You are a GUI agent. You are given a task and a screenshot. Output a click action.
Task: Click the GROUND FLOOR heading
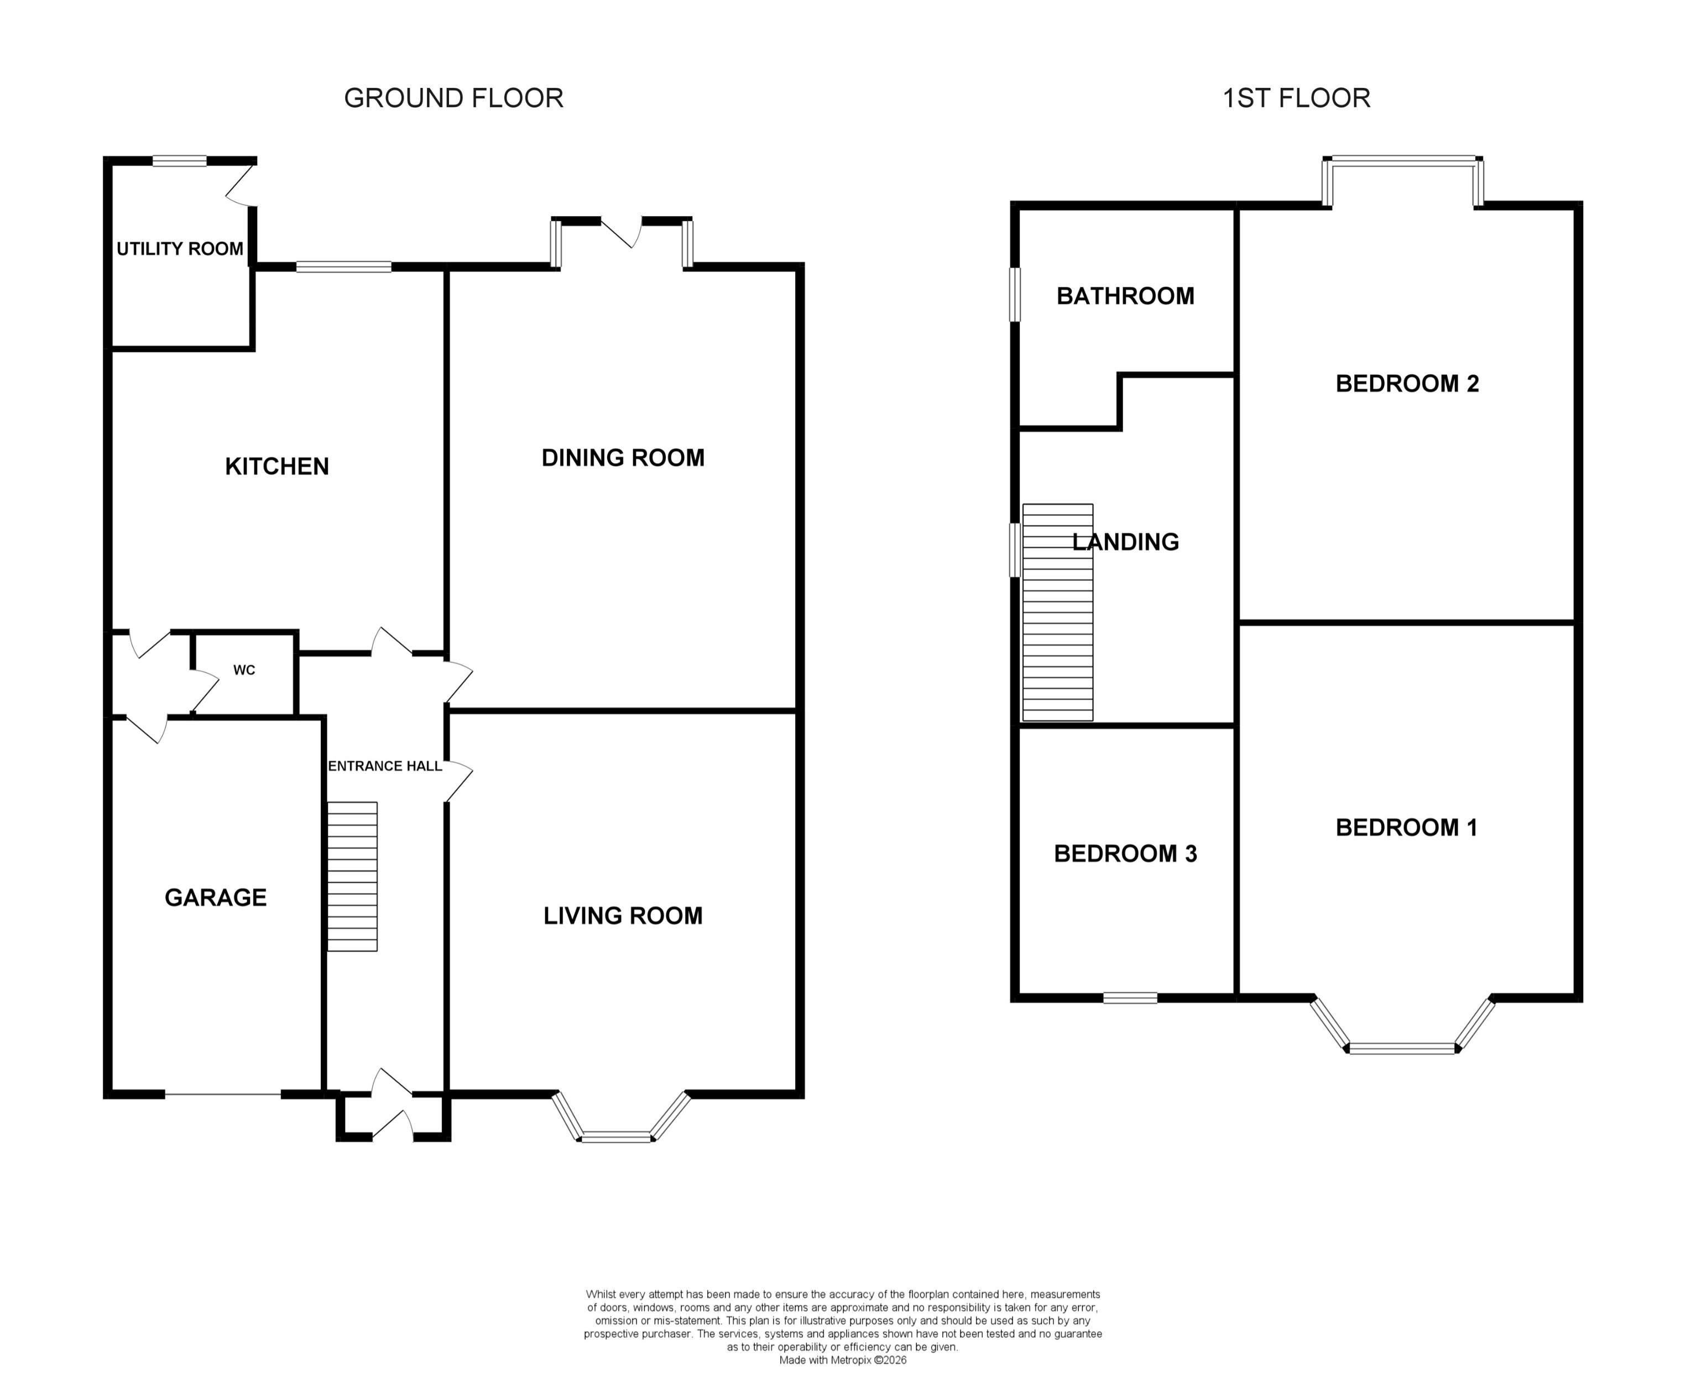click(453, 98)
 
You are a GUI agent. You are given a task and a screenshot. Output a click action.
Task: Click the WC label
click(244, 670)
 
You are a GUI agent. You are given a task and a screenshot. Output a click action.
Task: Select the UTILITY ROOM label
click(180, 249)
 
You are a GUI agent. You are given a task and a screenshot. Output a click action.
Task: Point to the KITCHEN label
click(277, 466)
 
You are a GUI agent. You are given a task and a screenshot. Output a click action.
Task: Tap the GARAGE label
click(215, 897)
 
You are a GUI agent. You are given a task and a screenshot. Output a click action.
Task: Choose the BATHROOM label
click(1125, 296)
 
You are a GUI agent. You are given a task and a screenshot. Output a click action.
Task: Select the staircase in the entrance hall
click(352, 876)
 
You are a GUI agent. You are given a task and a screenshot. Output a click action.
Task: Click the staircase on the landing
click(1058, 612)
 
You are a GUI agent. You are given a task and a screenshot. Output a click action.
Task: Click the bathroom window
click(1015, 295)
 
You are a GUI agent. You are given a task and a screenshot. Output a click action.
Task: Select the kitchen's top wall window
click(343, 267)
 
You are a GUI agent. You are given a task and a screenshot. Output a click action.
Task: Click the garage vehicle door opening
click(223, 1094)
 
